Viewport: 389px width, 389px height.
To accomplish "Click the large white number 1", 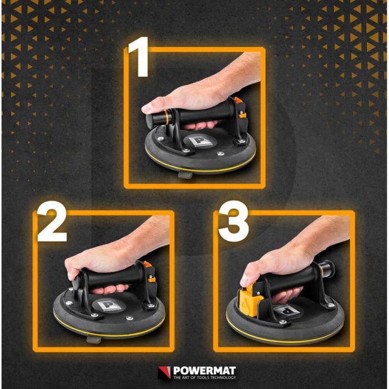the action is pyautogui.click(x=140, y=57).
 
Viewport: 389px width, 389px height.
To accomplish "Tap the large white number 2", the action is pyautogui.click(x=52, y=221).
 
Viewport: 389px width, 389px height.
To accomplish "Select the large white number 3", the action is pyautogui.click(x=233, y=221).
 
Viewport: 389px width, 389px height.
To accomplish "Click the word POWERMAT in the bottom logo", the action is pyautogui.click(x=205, y=371).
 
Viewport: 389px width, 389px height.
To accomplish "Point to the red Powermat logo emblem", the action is pyautogui.click(x=164, y=372).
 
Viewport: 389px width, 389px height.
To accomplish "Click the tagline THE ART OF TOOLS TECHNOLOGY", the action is pyautogui.click(x=205, y=377).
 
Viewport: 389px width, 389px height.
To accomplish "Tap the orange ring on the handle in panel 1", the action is pyautogui.click(x=166, y=117).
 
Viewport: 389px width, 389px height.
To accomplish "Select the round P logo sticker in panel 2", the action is pyautogui.click(x=108, y=306).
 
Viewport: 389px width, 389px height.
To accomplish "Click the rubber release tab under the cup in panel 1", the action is pyautogui.click(x=185, y=174).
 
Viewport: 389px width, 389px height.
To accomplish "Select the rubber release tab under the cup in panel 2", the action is pyautogui.click(x=94, y=339).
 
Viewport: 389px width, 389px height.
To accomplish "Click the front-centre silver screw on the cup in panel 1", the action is pyautogui.click(x=220, y=154).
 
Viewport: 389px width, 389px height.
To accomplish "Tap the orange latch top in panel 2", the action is pyautogui.click(x=148, y=264).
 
